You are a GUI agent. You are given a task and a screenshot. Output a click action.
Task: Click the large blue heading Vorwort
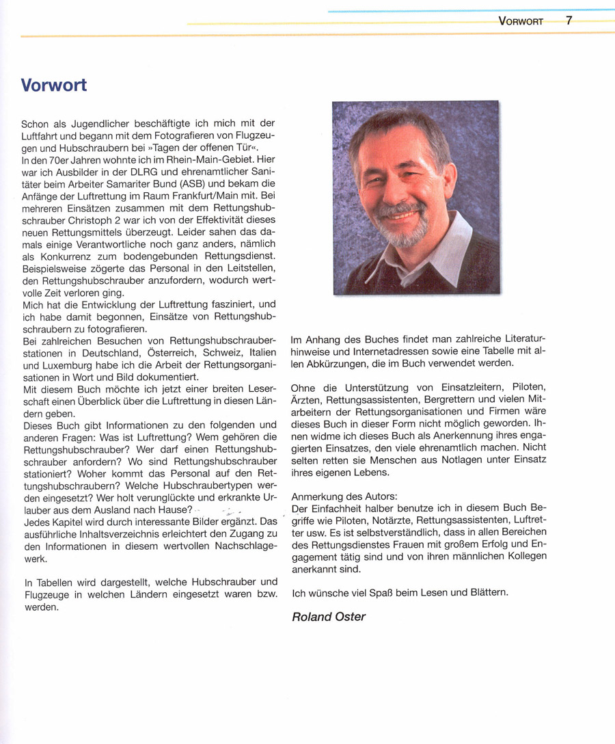[54, 86]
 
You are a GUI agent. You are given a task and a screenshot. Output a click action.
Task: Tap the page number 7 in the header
[569, 21]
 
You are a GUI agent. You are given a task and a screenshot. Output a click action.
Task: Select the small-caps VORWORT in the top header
[521, 21]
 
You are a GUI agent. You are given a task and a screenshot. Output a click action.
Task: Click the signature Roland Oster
[329, 617]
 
